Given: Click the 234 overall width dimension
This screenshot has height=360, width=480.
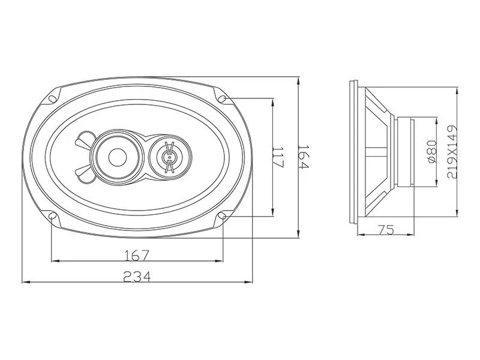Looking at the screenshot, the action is (137, 277).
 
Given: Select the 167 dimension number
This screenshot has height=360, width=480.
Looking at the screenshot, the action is (137, 256).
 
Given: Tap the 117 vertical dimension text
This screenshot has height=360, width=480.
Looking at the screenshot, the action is (278, 157).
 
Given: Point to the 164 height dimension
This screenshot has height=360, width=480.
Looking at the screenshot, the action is (304, 157).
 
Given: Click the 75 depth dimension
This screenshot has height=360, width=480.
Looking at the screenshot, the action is (386, 229).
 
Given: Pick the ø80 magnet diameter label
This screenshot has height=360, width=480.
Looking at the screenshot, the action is (431, 152).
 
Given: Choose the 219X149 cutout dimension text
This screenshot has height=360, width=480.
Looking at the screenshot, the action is (452, 152).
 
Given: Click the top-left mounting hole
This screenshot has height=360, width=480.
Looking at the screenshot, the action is (52, 98).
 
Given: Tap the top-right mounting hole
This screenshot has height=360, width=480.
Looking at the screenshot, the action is (223, 98).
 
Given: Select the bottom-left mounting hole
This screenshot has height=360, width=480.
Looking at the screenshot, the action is (52, 216).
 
